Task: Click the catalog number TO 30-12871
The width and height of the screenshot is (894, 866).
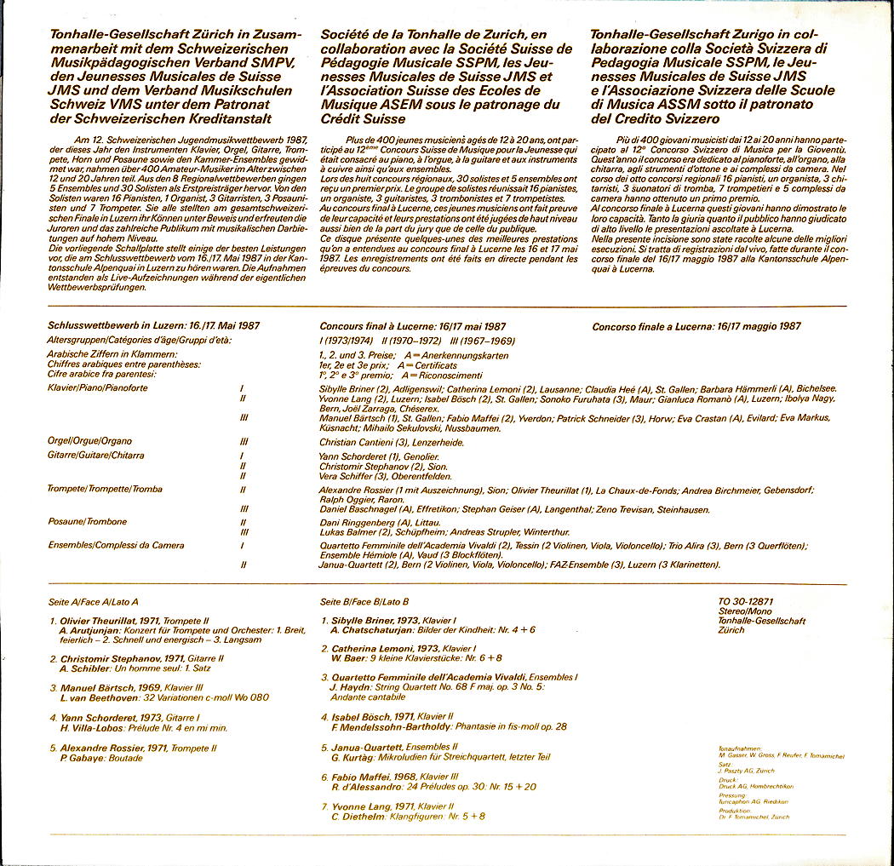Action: pyautogui.click(x=746, y=601)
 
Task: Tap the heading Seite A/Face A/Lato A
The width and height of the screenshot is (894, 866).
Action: pyautogui.click(x=94, y=601)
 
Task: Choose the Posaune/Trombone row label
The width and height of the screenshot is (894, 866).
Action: pyautogui.click(x=88, y=521)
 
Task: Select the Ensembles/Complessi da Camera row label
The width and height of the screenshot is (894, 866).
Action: pyautogui.click(x=116, y=544)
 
